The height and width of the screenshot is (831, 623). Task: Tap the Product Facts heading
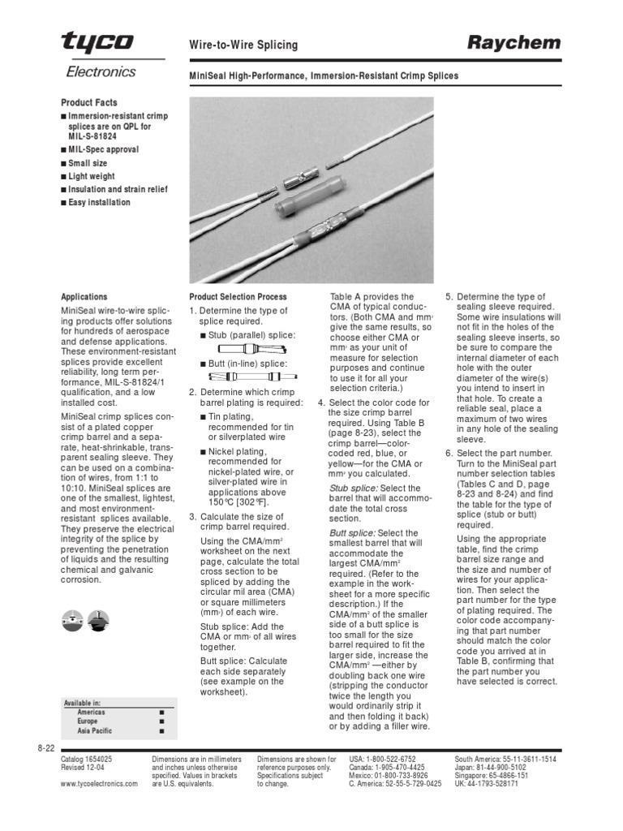[89, 103]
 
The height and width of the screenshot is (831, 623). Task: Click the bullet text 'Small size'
[87, 163]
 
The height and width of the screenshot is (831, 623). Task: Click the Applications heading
[84, 297]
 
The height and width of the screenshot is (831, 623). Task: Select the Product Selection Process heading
[238, 297]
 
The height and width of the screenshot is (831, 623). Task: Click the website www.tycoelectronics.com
[100, 784]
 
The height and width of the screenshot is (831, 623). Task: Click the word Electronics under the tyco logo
[101, 72]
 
